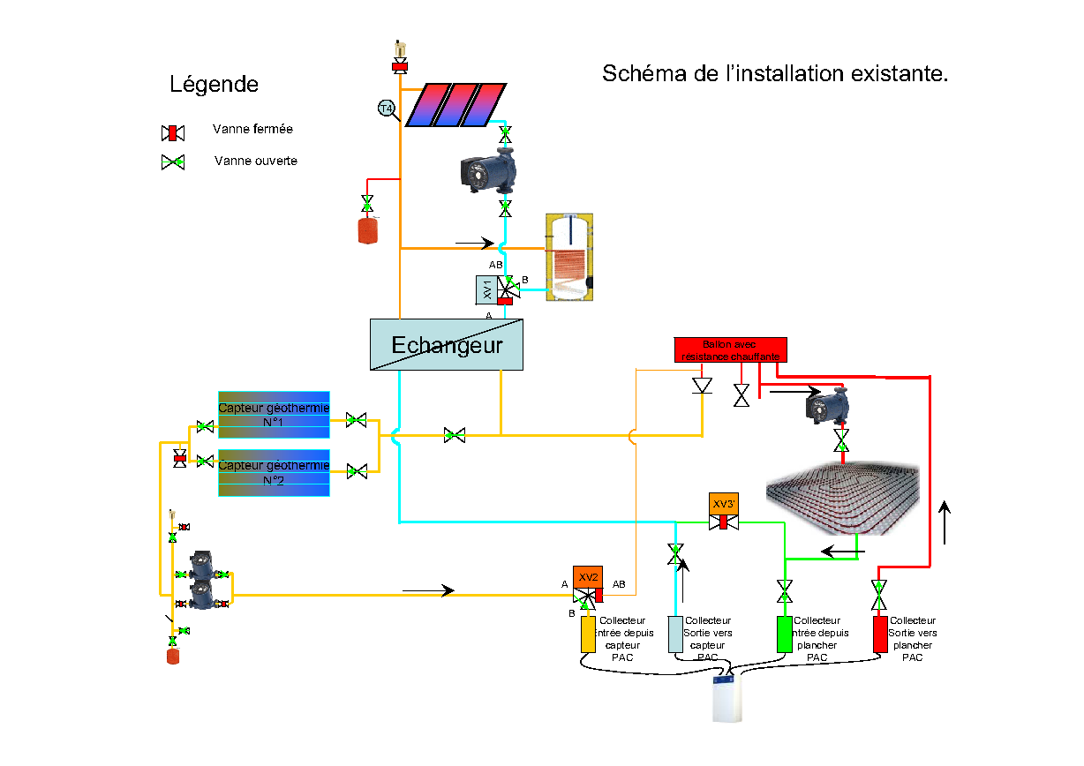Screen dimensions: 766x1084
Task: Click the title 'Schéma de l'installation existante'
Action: point(775,73)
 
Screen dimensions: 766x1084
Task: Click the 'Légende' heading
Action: point(214,85)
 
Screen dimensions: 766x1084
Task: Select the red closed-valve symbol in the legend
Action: point(172,132)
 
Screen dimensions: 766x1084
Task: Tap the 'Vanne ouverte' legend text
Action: point(255,161)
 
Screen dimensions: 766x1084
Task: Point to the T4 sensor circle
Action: point(386,109)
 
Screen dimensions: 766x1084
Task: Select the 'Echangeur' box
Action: point(446,344)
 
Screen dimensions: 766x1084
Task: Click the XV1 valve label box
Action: point(486,289)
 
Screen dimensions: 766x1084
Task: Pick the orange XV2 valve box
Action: point(588,576)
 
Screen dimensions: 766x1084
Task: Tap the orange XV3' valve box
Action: point(724,504)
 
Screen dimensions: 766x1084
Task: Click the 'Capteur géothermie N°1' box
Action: point(274,415)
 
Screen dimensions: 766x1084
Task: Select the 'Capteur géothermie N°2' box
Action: point(274,472)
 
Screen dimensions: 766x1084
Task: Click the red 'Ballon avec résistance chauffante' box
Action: point(730,349)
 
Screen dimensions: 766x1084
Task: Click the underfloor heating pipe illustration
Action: point(843,499)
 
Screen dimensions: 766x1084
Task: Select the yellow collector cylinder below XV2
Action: point(588,635)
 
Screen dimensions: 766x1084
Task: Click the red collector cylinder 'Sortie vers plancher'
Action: point(879,635)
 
